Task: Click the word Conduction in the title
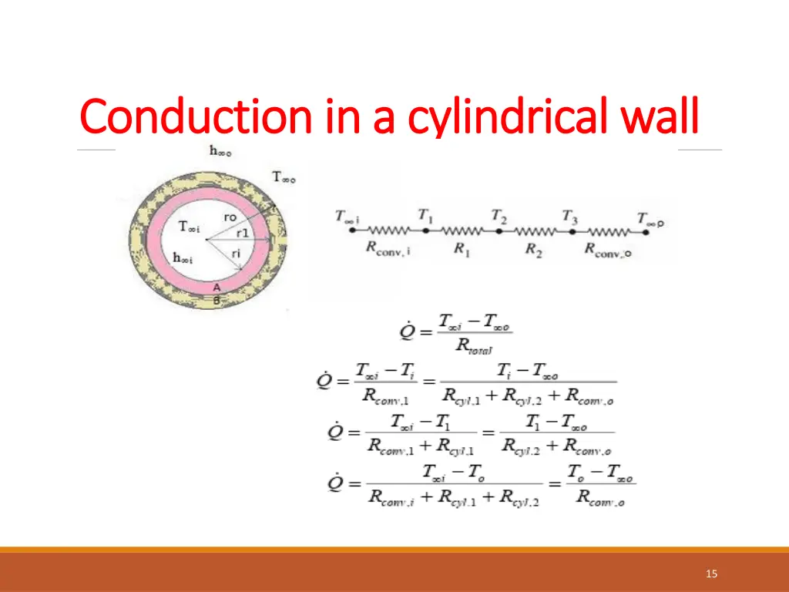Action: point(196,118)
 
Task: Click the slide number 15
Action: point(711,573)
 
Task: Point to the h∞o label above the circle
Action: point(220,151)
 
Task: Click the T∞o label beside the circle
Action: point(284,177)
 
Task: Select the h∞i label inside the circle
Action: point(183,258)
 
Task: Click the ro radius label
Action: point(230,217)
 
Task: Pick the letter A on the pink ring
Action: point(217,288)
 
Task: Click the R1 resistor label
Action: point(462,250)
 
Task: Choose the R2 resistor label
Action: point(534,250)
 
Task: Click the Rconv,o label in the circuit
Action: point(608,250)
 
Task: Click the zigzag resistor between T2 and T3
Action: point(534,230)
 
